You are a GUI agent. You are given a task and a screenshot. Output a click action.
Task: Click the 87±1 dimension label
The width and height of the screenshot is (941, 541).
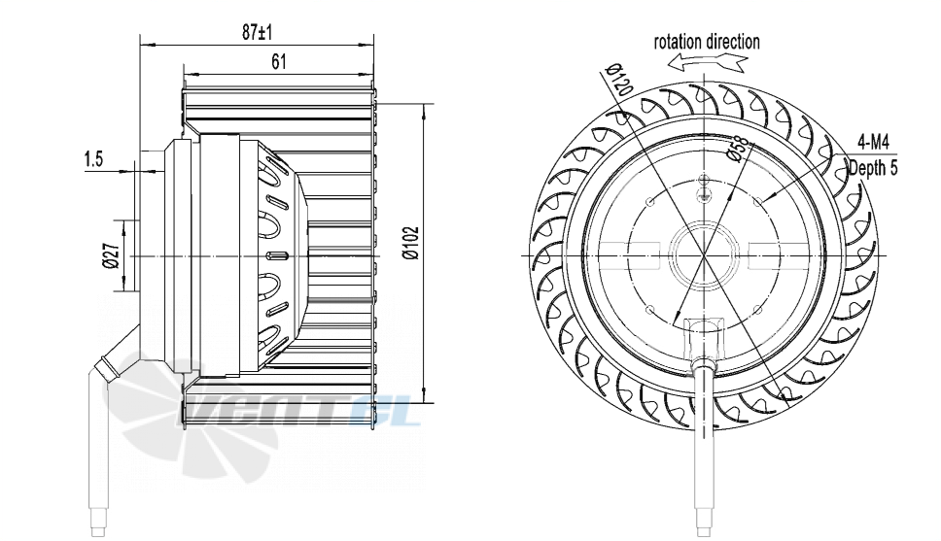click(258, 32)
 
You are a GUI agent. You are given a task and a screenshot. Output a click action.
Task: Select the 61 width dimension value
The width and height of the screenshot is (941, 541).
click(278, 61)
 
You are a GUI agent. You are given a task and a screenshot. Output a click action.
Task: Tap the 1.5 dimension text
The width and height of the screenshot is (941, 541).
click(93, 159)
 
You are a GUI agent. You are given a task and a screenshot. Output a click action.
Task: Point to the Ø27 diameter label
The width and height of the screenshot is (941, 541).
click(111, 255)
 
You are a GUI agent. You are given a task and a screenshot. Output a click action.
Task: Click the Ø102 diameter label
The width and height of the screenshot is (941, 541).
click(411, 242)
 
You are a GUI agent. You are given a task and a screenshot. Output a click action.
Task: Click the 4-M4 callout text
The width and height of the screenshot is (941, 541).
click(873, 143)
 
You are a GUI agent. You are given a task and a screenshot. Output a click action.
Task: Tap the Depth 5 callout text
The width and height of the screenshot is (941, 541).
click(873, 169)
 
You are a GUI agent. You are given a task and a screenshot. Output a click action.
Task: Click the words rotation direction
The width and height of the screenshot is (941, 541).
click(707, 42)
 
